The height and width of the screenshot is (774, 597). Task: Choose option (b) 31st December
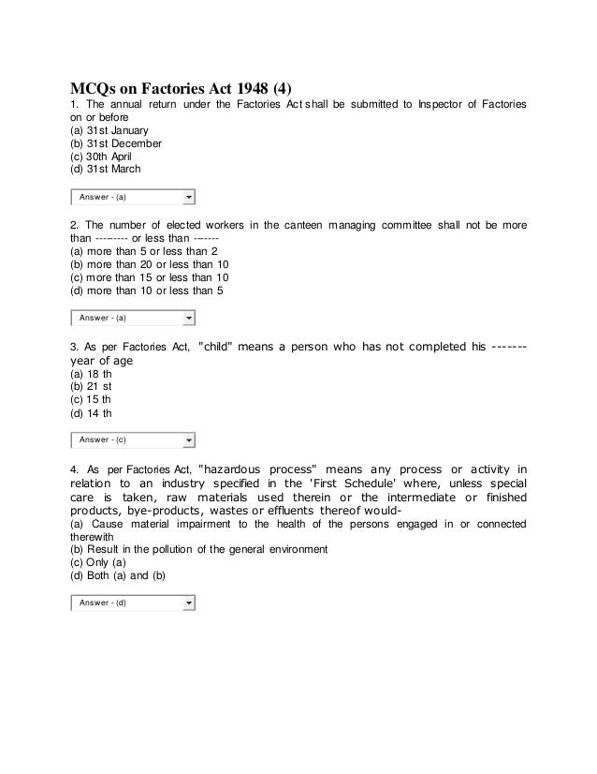[109, 143]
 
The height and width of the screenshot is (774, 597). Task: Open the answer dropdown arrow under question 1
[189, 198]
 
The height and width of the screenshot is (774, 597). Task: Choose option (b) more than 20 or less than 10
[150, 265]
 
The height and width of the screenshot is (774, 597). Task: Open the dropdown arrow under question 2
[189, 319]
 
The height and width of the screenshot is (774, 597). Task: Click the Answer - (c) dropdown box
[132, 439]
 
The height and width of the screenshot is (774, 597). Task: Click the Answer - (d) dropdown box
[132, 602]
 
